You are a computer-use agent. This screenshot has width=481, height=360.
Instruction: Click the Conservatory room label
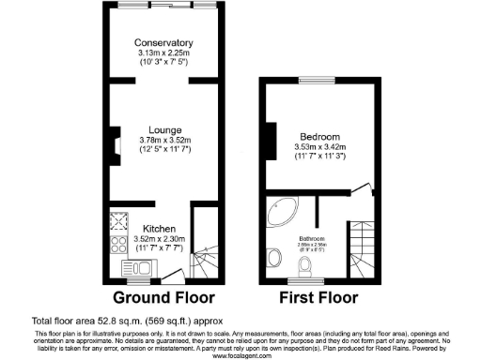163,43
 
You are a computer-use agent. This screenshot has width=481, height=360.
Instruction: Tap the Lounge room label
163,130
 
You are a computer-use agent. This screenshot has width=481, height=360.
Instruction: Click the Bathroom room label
312,238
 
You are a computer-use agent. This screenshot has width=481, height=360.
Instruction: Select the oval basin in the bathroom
273,257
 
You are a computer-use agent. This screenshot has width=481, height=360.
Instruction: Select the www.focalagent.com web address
240,356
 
